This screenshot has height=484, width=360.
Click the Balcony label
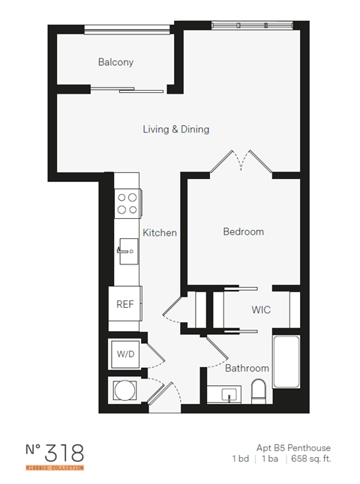115,62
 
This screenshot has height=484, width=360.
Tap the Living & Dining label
176,130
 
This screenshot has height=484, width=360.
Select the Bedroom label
243,232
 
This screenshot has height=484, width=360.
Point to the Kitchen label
160,233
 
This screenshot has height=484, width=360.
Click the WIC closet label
261,309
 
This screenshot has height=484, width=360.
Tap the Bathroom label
247,368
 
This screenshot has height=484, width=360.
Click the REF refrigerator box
124,305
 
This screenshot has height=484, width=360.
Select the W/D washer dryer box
124,353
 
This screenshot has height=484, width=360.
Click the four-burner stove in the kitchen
127,202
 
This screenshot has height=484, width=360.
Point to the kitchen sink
127,248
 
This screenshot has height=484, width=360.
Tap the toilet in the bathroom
259,390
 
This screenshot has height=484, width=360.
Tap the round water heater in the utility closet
123,390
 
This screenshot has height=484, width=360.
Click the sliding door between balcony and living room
127,91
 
